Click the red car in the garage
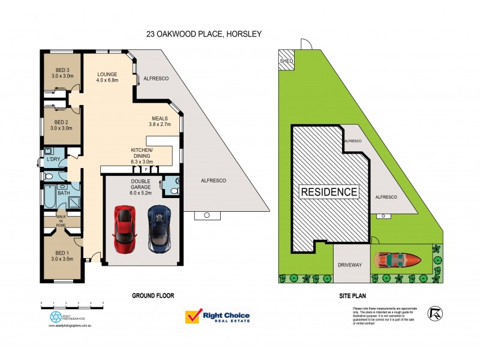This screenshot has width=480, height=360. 125,229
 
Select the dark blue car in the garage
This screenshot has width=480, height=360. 159,229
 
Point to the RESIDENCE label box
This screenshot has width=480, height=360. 329,192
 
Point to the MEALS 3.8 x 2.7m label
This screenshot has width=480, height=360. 160,121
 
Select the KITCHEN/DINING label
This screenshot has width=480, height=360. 143,155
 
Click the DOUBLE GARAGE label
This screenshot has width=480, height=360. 133,187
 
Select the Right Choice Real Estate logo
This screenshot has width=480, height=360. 217,317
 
